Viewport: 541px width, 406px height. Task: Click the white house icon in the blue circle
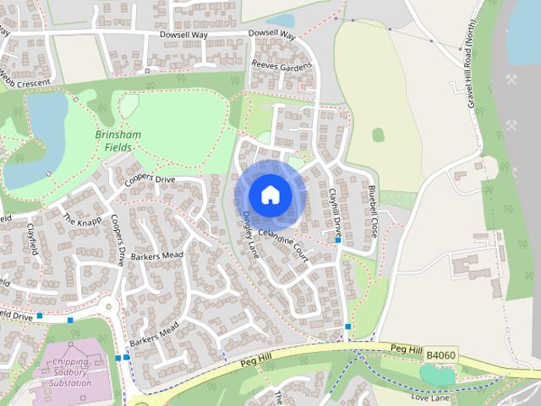tap(270, 194)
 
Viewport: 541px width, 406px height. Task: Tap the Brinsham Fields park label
tap(118, 141)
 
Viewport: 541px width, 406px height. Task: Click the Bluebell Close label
tap(372, 209)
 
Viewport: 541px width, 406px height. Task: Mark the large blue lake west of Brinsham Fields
tap(34, 140)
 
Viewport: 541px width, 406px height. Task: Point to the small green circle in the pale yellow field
tap(378, 134)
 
